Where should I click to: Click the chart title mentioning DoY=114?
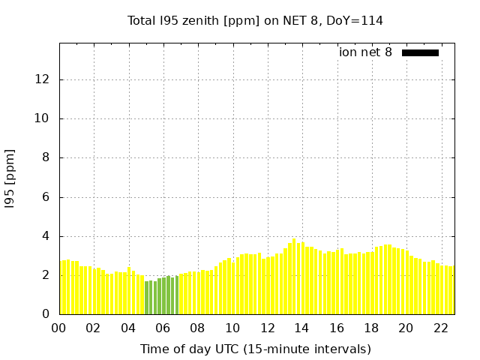point(255,20)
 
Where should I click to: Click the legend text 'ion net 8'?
point(365,52)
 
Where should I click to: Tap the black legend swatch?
point(420,52)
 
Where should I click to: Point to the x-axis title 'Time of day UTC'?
point(255,349)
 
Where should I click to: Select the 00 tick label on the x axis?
point(59,328)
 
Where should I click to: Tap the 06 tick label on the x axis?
point(163,328)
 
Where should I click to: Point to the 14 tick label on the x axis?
point(301,328)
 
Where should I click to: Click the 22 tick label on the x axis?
point(440,328)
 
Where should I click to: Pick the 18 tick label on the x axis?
point(371,328)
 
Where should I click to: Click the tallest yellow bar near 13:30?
point(294,277)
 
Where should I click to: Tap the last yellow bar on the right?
point(452,290)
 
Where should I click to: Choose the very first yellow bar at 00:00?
point(62,288)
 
